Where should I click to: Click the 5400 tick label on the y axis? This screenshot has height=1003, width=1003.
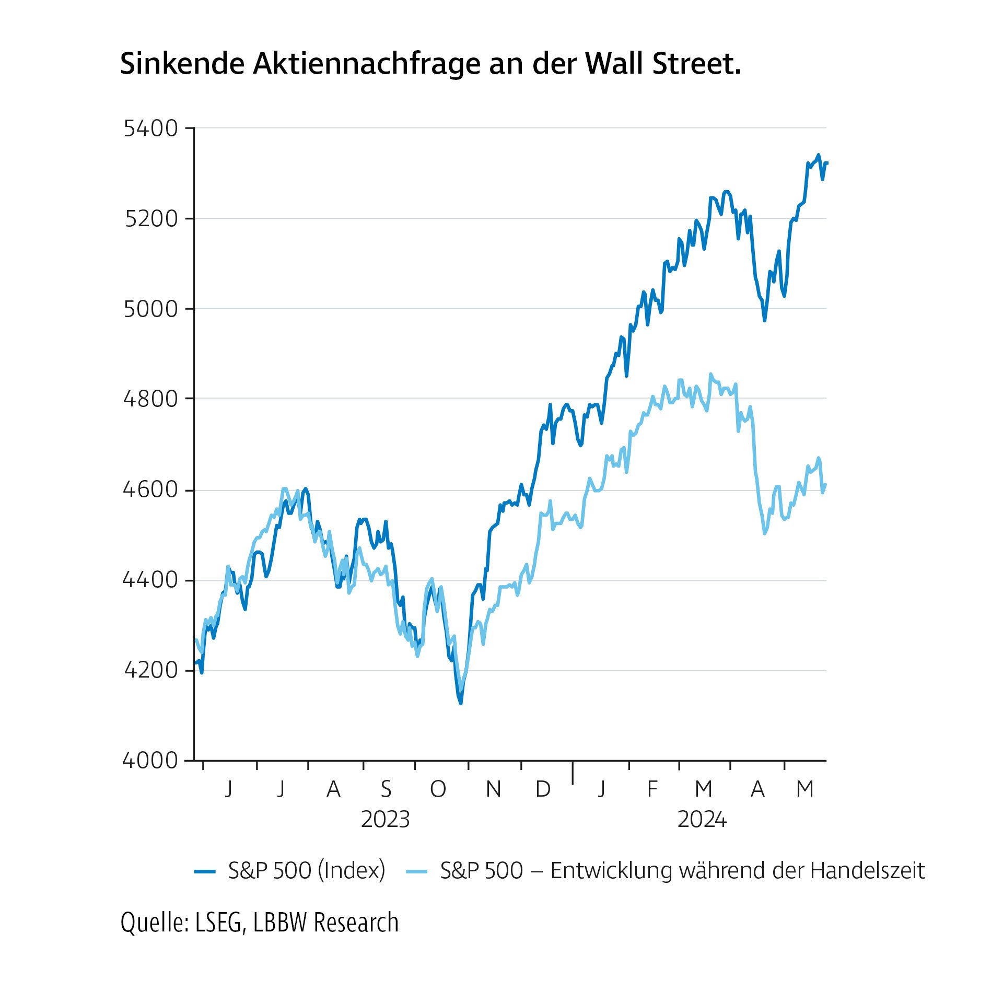pyautogui.click(x=151, y=129)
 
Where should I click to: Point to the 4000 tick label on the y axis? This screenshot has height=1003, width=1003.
pyautogui.click(x=150, y=760)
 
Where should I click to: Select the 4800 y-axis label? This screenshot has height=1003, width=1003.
pyautogui.click(x=150, y=399)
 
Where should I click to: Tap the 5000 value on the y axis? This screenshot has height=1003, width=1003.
pyautogui.click(x=150, y=309)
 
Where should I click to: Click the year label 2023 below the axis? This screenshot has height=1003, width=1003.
pyautogui.click(x=385, y=819)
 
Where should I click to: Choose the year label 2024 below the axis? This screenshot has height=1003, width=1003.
pyautogui.click(x=702, y=819)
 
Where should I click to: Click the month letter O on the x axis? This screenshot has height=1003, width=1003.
pyautogui.click(x=438, y=789)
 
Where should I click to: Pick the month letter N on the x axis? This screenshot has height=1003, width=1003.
pyautogui.click(x=493, y=789)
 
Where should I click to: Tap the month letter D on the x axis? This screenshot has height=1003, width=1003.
pyautogui.click(x=543, y=789)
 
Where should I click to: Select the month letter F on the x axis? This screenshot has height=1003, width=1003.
pyautogui.click(x=652, y=789)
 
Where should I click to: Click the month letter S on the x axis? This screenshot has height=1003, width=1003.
pyautogui.click(x=386, y=789)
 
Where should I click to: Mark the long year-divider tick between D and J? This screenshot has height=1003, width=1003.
pyautogui.click(x=573, y=773)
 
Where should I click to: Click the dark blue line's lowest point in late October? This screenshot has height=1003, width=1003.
pyautogui.click(x=461, y=703)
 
